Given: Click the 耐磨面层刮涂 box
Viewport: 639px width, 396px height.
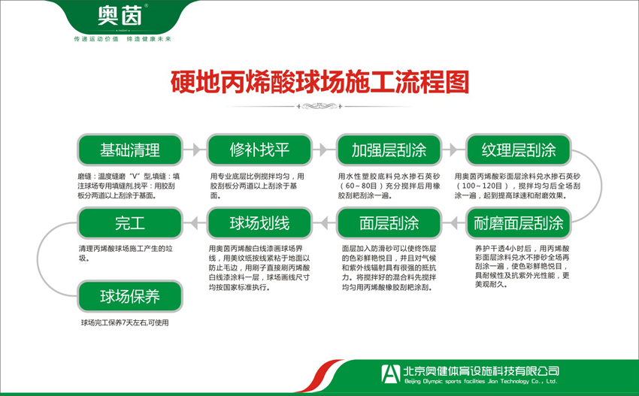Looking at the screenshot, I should coord(519,223).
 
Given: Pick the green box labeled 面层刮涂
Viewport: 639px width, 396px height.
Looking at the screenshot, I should coord(389,223).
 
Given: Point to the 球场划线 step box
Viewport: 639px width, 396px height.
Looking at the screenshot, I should coord(259,223).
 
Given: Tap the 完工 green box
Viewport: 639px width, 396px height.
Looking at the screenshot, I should coord(130,223).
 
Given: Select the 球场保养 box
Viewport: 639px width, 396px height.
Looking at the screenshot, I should coord(130,295).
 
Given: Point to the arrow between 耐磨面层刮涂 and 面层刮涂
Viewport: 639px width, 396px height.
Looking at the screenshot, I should coord(454,223).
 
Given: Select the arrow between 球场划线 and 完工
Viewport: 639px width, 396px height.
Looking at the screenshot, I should coord(195,223).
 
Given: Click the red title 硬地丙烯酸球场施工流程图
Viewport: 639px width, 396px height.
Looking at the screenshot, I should coord(319,81).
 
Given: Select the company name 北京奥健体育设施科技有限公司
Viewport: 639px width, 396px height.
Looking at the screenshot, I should coord(481,370).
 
